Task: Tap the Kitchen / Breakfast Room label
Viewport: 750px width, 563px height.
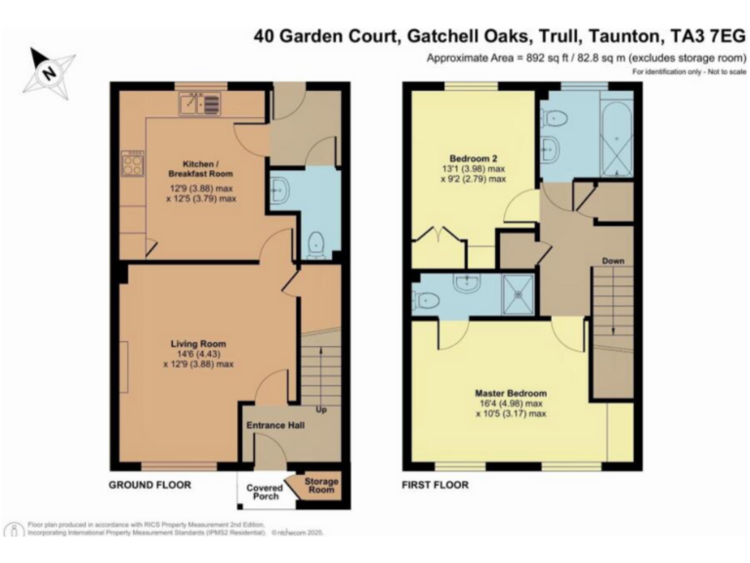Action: coord(200,168)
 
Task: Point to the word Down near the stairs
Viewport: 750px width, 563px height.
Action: coord(613,262)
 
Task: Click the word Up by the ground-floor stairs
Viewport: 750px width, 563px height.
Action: coord(321,409)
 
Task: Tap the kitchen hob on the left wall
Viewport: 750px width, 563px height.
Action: coord(132,166)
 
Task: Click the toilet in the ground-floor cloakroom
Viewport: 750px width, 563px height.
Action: coord(315,244)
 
